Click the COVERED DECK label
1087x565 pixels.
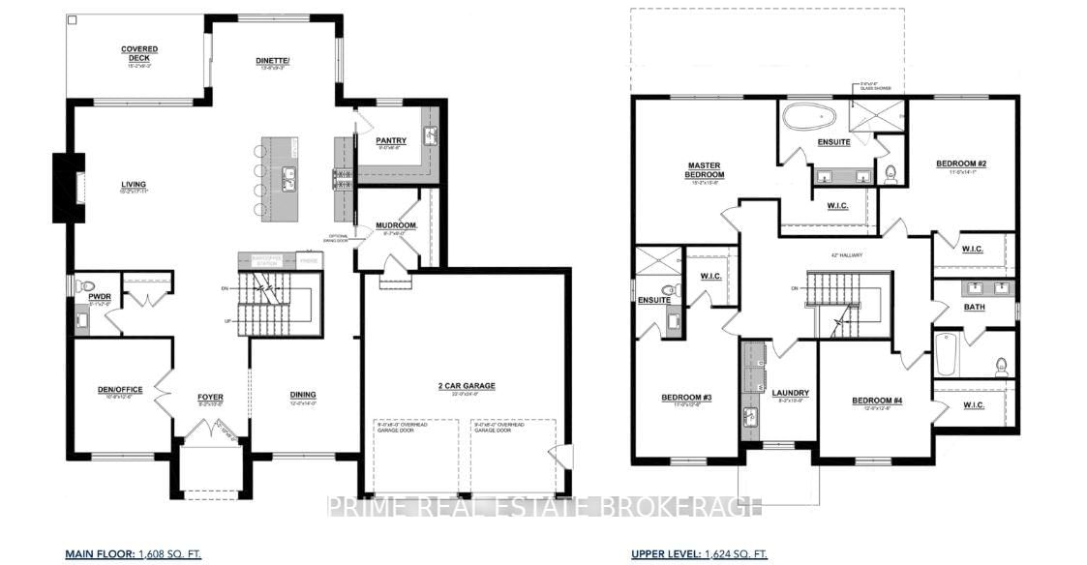pos(139,53)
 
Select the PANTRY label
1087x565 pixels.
pos(391,140)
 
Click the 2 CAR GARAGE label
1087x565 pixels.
pos(467,385)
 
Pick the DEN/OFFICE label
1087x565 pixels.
pos(120,389)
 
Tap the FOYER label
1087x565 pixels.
pos(211,395)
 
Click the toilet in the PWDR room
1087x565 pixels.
pos(87,287)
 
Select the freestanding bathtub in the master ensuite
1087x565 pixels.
pos(809,118)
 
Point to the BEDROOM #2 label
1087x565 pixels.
pos(961,164)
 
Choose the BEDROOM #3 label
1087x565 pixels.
pos(687,398)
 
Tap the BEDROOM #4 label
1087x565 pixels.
pos(878,401)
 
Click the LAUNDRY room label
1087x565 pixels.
pos(791,393)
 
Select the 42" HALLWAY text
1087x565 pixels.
pos(847,254)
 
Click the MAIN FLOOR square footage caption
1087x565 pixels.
pos(133,553)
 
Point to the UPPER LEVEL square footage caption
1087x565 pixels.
pos(698,553)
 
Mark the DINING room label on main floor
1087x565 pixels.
pos(303,394)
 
